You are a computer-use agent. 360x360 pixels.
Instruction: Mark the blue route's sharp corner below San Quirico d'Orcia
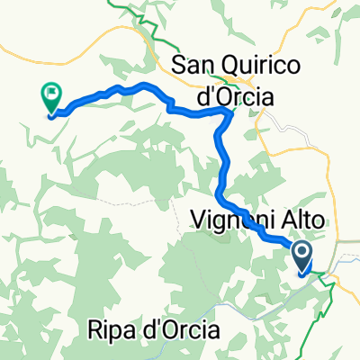point(223,112)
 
